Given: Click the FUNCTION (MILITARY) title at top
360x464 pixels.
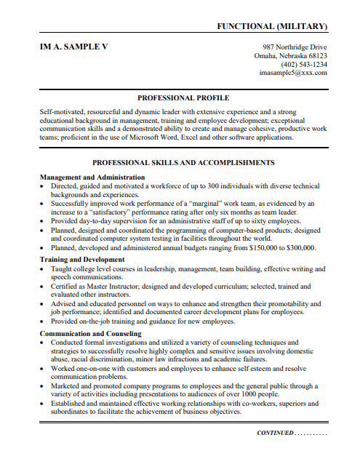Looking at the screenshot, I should [x=272, y=26].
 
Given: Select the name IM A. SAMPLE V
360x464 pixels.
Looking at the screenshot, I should [x=73, y=46].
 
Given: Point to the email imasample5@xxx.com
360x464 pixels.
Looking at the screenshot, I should [x=293, y=73].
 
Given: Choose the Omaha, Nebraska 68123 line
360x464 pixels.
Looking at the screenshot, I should [x=290, y=55].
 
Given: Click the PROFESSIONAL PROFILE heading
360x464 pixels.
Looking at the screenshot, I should [x=183, y=97].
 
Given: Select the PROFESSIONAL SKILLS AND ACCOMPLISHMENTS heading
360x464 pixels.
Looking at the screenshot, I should [x=183, y=163].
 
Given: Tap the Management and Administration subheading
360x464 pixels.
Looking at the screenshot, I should [x=92, y=177].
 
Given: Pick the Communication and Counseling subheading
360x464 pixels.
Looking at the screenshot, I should [x=91, y=334].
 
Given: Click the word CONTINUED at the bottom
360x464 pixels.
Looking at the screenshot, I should [x=275, y=433].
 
